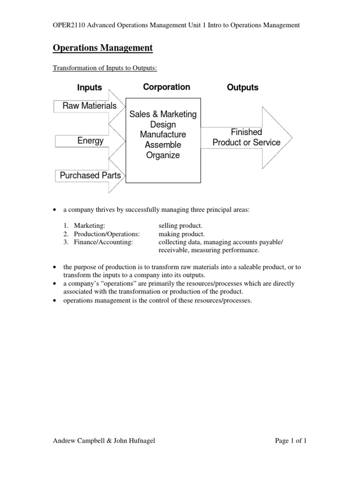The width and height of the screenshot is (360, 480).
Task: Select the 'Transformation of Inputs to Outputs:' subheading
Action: (105, 68)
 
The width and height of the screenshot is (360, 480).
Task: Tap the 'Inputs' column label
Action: (90, 88)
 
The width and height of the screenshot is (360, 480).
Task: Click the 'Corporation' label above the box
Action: (166, 87)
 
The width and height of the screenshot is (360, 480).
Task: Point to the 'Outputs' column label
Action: (242, 88)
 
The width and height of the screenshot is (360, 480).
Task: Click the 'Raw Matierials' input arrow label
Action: (90, 106)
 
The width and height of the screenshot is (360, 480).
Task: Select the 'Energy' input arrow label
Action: (91, 141)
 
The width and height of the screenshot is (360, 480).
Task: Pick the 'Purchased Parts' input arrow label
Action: (90, 175)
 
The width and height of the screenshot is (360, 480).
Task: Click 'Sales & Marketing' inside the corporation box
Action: (163, 114)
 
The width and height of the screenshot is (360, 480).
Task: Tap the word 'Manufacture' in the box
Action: (163, 135)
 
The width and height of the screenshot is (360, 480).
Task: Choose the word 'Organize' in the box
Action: (163, 156)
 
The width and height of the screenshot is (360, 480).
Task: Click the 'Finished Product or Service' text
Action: (246, 137)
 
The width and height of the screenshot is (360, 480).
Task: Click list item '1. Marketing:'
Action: (85, 226)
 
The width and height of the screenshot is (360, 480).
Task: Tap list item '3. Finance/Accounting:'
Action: (98, 241)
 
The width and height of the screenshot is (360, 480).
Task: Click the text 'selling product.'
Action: (180, 226)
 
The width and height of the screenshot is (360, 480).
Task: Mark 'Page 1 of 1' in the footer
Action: (291, 441)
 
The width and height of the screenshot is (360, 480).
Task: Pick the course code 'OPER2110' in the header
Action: (67, 25)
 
